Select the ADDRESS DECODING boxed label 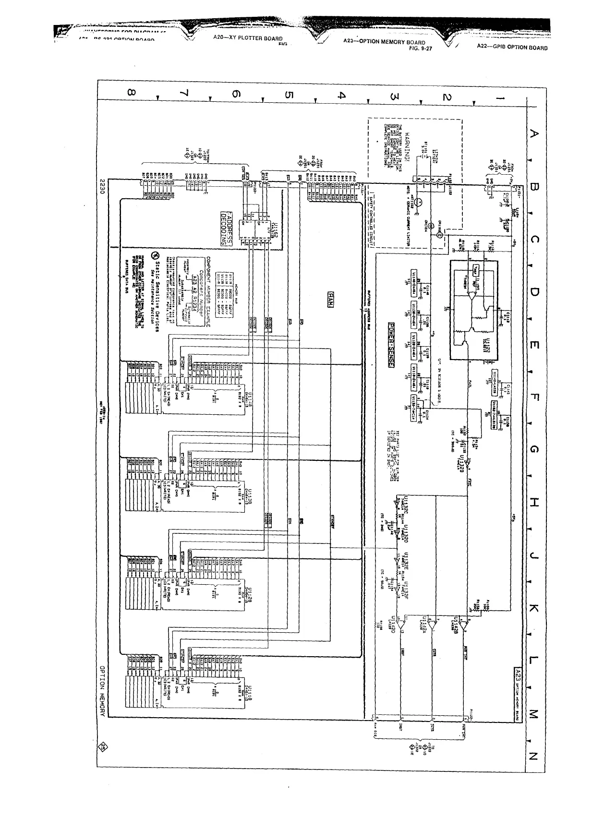[x=223, y=229]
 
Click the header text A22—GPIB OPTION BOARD [x=512, y=48]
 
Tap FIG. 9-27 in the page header [x=420, y=48]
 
